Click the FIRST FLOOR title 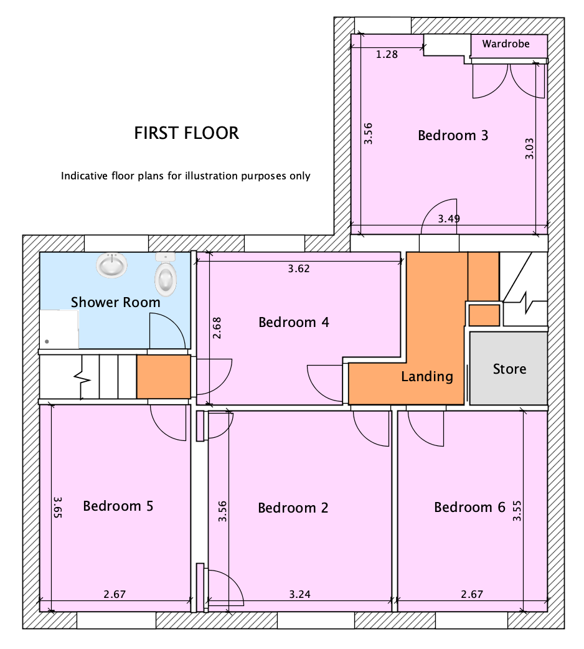click(187, 133)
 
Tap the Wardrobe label click(506, 44)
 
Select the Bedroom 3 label click(453, 135)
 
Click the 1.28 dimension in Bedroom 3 click(387, 54)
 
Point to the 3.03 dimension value click(529, 149)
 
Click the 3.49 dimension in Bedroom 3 click(449, 219)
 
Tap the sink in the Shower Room click(111, 265)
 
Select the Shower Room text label click(115, 303)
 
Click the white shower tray click(59, 329)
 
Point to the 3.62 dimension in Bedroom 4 click(299, 268)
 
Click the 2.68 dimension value click(217, 328)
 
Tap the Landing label click(427, 377)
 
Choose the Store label click(509, 369)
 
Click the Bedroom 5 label click(118, 506)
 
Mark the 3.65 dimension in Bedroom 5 click(57, 507)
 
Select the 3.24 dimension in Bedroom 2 click(299, 594)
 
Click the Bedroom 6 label click(469, 508)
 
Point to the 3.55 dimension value click(517, 511)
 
